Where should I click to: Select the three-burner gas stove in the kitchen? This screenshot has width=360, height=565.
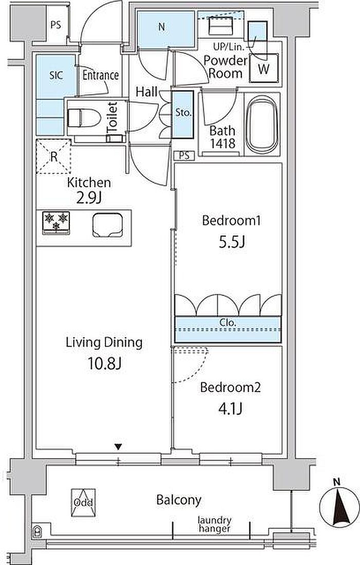(x=56, y=222)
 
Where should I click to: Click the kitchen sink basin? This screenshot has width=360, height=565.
(x=107, y=225)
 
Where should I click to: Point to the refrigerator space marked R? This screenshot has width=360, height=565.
(x=53, y=156)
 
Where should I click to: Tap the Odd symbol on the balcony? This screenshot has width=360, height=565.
(x=83, y=502)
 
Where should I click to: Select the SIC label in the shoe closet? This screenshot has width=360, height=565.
(x=56, y=75)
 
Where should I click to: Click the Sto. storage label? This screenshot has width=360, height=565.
(x=183, y=112)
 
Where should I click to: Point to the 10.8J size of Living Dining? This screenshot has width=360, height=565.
(x=104, y=364)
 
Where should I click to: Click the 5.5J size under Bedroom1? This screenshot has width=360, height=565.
(x=232, y=242)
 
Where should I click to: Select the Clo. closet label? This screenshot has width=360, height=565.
(x=227, y=323)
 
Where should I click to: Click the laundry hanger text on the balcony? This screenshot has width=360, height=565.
(x=214, y=524)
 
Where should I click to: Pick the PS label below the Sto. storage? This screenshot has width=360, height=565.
(x=184, y=156)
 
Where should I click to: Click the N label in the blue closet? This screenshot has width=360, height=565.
(x=162, y=27)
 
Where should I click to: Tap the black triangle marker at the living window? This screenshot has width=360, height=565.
(x=118, y=447)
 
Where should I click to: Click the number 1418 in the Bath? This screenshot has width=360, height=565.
(x=223, y=144)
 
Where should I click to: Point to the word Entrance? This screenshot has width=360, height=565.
(x=100, y=75)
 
